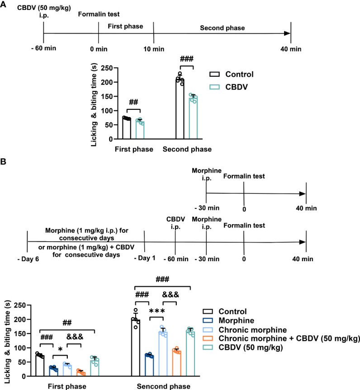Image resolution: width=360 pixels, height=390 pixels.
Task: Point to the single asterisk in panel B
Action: pyautogui.click(x=60, y=349)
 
